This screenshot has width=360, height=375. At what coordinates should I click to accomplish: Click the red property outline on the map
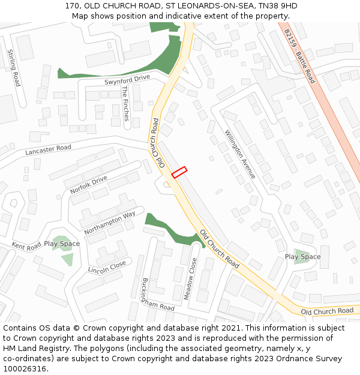point(179,172)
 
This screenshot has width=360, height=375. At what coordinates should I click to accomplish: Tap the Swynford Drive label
point(127,79)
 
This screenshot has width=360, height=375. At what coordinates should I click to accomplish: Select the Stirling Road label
point(13,68)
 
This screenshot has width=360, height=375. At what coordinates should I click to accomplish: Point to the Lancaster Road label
point(48,150)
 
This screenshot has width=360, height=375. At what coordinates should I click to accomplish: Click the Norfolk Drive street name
point(88,184)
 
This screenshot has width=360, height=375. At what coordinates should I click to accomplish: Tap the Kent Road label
point(26,246)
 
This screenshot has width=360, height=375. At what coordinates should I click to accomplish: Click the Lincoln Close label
point(107,265)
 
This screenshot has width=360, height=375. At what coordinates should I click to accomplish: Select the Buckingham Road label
point(158,295)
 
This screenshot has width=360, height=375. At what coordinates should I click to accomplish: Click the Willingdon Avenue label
point(240,154)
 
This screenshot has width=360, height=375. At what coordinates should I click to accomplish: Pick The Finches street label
point(125,103)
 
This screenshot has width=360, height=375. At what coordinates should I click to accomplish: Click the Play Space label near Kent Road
point(62,244)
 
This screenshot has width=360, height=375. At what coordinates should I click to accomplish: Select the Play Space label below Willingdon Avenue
point(302,257)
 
